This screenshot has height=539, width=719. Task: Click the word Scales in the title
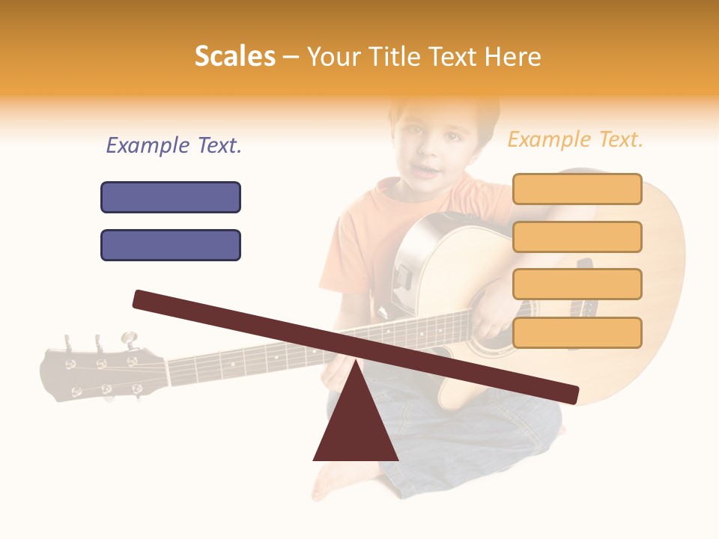[x=234, y=57]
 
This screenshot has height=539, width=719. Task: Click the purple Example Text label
[x=174, y=146]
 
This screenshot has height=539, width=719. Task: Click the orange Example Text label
[x=575, y=139]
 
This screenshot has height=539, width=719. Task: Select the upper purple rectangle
[x=171, y=197]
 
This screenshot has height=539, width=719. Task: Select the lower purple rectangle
[x=171, y=245]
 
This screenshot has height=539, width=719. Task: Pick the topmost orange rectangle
[x=577, y=189]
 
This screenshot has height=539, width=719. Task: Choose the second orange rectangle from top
[x=577, y=237]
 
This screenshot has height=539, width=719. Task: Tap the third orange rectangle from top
[x=577, y=284]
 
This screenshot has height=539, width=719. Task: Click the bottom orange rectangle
[x=577, y=332]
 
